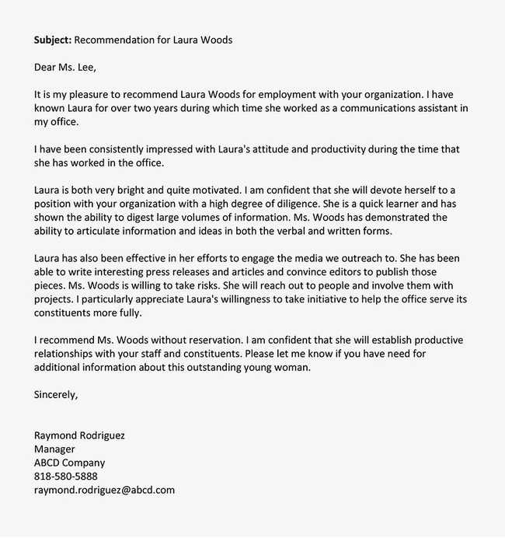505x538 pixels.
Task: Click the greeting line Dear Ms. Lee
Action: [65, 66]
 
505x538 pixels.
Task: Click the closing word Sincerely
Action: [56, 395]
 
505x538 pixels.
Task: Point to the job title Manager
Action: [54, 449]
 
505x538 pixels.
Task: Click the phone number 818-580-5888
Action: [66, 477]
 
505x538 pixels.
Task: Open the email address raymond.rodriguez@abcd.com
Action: [105, 491]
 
